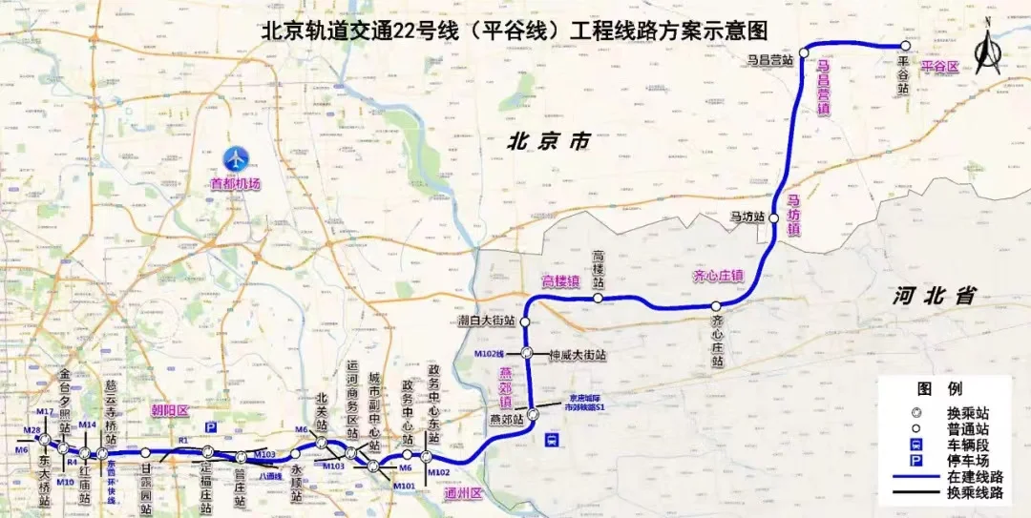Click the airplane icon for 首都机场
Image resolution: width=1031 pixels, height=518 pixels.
click(236, 159)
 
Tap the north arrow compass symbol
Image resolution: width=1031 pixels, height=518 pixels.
click(987, 48)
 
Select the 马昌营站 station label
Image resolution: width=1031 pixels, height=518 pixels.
click(770, 59)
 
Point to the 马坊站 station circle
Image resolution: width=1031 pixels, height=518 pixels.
click(771, 217)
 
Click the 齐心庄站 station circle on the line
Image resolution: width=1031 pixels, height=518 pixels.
click(716, 306)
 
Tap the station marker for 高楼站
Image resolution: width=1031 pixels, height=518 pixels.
click(598, 299)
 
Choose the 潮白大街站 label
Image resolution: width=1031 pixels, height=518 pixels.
click(486, 321)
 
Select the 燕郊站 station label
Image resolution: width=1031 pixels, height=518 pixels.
click(507, 418)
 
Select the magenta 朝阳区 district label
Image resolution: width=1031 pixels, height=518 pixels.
click(171, 410)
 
